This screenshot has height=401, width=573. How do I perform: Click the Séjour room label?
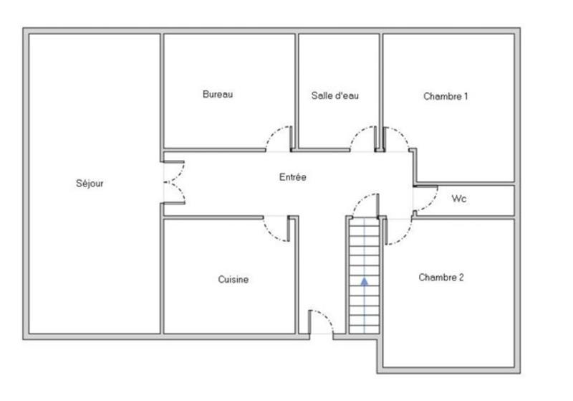90,184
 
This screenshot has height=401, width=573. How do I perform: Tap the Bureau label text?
218,94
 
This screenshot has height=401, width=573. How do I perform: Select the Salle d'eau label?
334,95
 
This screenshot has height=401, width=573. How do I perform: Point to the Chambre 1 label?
446,95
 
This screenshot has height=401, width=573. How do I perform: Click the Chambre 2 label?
440,278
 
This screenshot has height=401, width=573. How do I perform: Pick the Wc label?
459,199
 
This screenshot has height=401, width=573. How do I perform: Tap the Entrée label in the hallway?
292,177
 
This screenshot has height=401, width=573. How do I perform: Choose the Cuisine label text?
233,280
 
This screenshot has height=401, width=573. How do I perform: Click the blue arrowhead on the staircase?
365,281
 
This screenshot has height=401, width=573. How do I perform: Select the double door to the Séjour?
175,182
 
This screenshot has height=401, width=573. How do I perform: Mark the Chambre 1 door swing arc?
397,138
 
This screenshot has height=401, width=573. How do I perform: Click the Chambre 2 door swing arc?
399,231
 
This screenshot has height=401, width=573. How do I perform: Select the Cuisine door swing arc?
276,230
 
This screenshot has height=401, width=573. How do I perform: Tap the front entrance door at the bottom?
322,322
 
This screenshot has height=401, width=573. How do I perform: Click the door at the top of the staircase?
365,205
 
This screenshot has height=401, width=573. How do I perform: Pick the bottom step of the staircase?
364,328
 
